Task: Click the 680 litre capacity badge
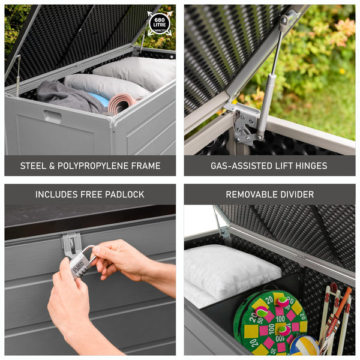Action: click(x=159, y=23)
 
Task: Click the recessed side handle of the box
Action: click(x=52, y=117)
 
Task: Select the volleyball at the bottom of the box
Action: click(x=305, y=346)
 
